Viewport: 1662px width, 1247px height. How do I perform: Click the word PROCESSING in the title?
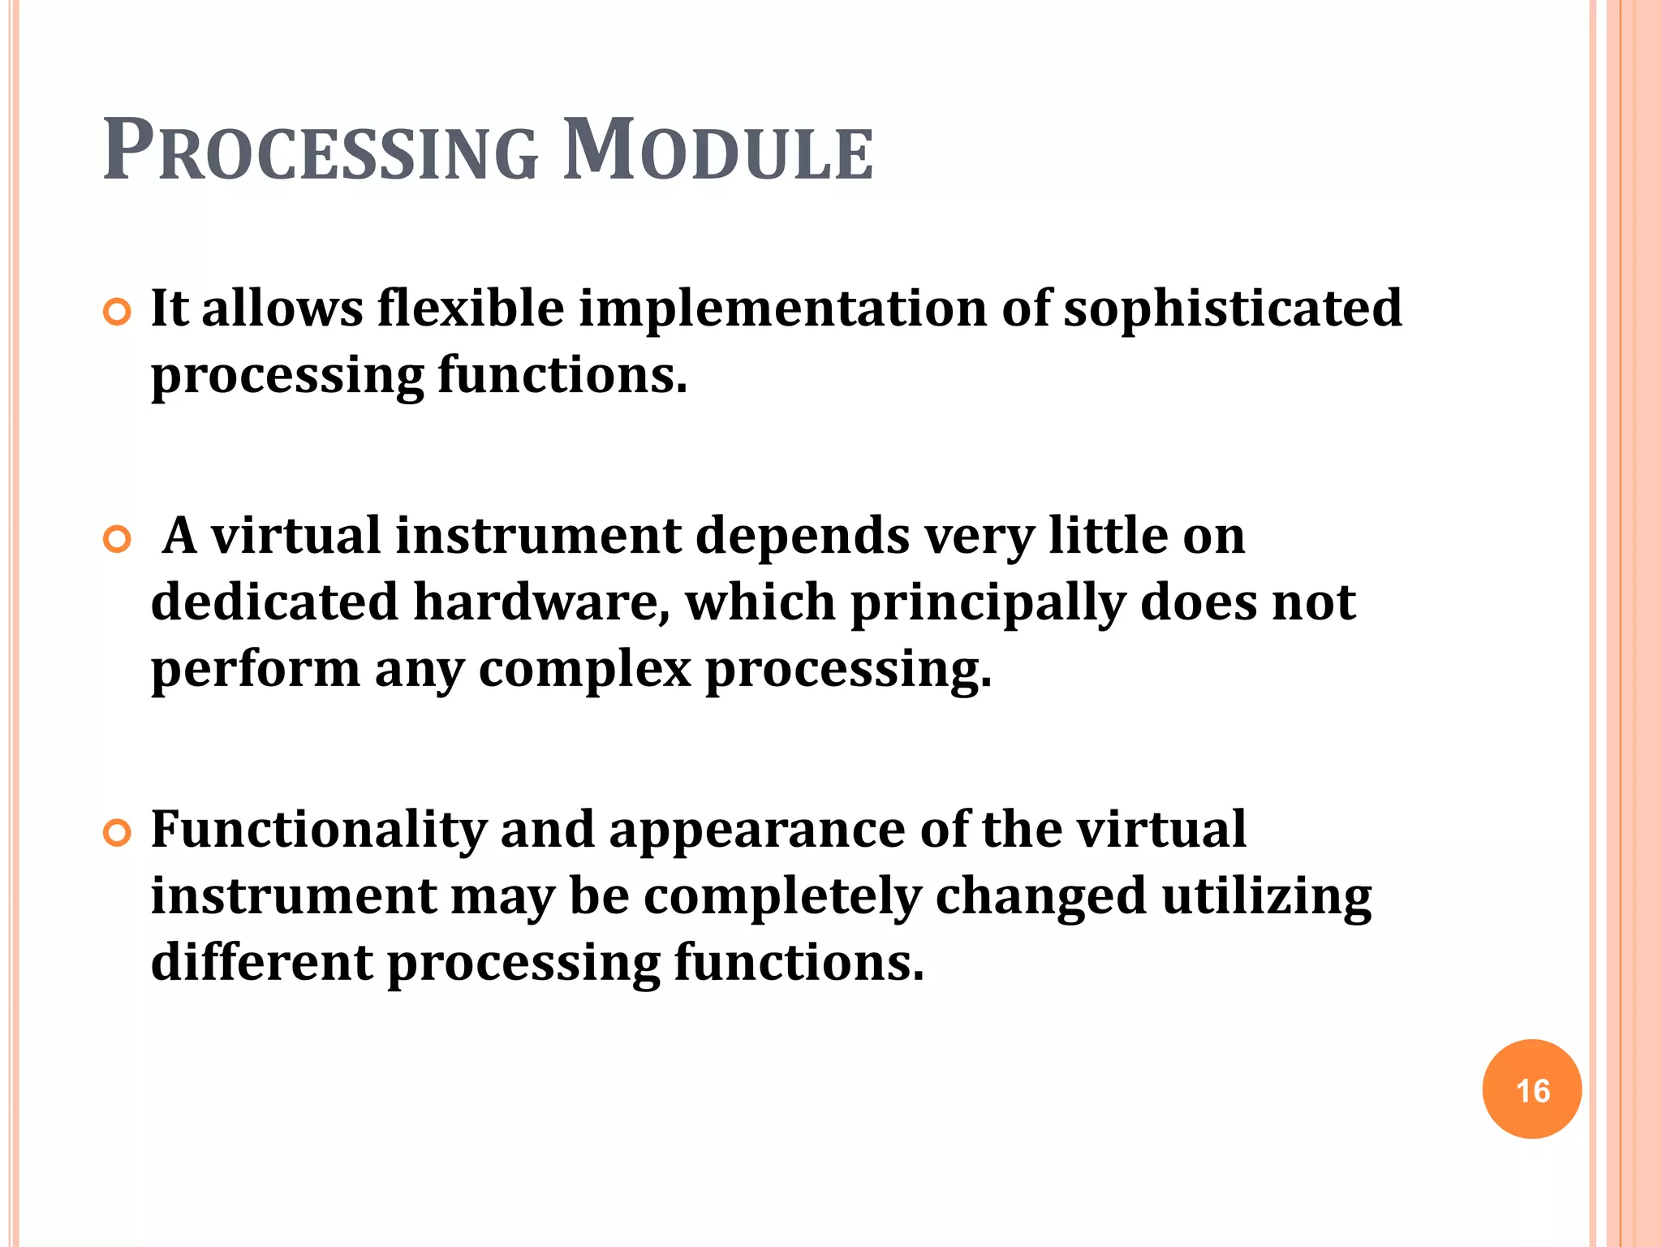(x=321, y=152)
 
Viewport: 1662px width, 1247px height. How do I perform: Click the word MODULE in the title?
(x=717, y=152)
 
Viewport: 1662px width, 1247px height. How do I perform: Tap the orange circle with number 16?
(x=1531, y=1090)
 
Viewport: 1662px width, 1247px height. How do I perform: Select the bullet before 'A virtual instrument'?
(x=118, y=540)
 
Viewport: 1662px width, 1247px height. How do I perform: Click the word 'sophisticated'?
(x=1232, y=310)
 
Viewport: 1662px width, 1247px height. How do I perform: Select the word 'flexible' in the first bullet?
(x=470, y=309)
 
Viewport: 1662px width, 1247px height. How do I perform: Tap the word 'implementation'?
(x=782, y=310)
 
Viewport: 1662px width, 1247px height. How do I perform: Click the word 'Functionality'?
(x=319, y=831)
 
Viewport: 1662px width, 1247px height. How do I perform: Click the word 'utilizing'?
(x=1266, y=898)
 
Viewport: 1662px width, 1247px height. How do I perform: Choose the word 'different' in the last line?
(x=262, y=963)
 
